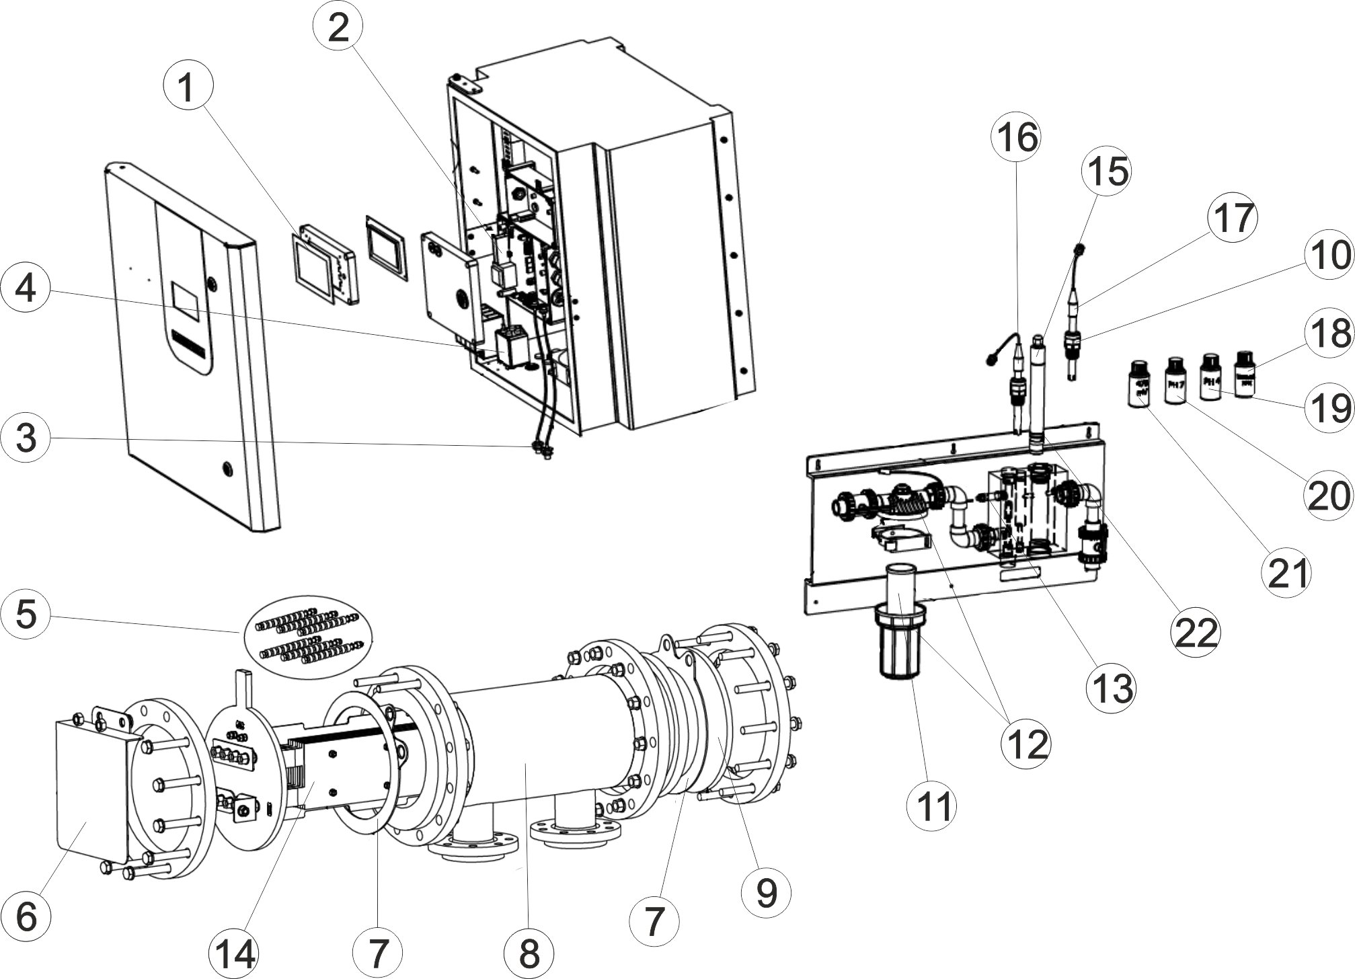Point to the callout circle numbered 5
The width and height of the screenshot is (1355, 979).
click(26, 615)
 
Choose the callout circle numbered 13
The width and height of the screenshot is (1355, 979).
click(1112, 688)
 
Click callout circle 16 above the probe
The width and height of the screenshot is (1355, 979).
click(1017, 139)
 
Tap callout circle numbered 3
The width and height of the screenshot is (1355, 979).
click(26, 440)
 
